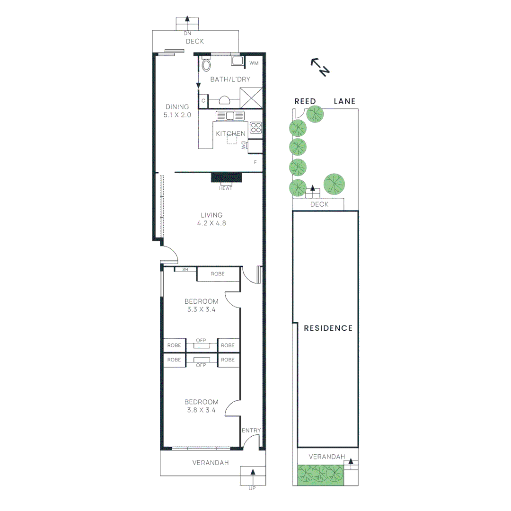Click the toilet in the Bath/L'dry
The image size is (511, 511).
pos(206,64)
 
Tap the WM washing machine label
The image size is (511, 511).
pos(254,63)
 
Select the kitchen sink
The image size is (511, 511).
pos(230,115)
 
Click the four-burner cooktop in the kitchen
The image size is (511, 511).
pos(256,127)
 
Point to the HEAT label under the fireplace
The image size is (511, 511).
pos(226,188)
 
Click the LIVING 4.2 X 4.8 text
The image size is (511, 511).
pos(211,219)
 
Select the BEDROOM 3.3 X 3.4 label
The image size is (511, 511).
pos(202,305)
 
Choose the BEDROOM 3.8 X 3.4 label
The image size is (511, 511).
pos(202,406)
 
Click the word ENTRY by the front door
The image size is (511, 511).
pos(251,430)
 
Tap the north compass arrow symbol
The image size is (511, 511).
pos(320,67)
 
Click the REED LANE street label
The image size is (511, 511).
pos(325,101)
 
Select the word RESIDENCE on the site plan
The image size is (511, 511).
pos(328,328)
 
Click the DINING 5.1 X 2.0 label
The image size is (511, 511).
pos(177,110)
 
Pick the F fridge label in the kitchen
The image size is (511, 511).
pos(255,162)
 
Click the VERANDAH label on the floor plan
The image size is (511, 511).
pos(211,463)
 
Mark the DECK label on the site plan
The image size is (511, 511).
pos(319,204)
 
